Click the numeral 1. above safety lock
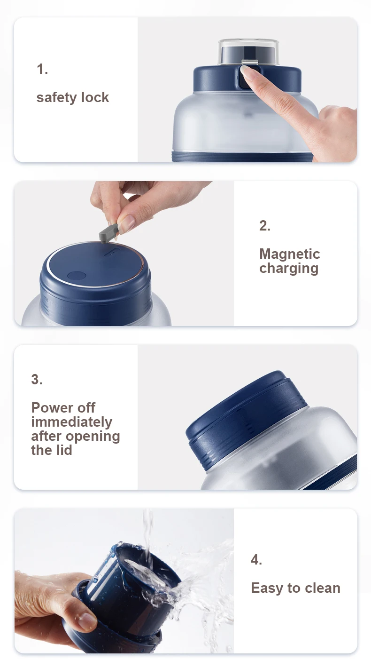[x=42, y=69]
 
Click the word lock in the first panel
[x=95, y=97]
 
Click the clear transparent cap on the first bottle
[x=248, y=52]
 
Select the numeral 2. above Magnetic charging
[x=265, y=226]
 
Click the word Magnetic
[x=290, y=254]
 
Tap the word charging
[x=289, y=269]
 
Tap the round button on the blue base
[x=77, y=275]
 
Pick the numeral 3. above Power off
[x=37, y=379]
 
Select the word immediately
[x=72, y=422]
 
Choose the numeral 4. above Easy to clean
[x=256, y=560]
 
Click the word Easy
[x=267, y=588]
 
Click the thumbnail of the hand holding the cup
[x=87, y=621]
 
